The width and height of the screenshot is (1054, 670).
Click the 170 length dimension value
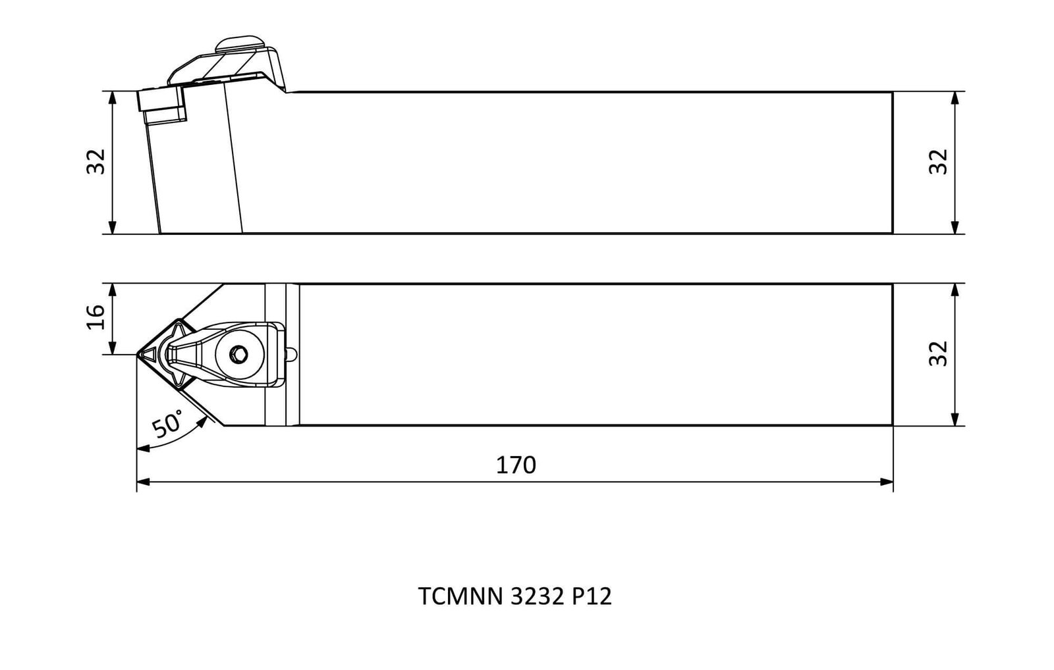click(516, 465)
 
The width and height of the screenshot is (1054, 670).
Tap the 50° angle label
click(167, 424)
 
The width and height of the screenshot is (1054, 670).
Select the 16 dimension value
click(96, 317)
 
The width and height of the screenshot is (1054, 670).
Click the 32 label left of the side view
click(96, 162)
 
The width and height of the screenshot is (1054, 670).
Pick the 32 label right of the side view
click(938, 162)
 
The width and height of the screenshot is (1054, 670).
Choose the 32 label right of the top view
click(938, 353)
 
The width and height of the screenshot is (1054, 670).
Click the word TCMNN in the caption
click(460, 596)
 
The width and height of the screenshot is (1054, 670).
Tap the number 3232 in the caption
click(538, 596)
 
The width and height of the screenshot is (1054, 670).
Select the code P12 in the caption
click(592, 596)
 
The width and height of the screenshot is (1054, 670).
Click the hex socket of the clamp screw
click(238, 355)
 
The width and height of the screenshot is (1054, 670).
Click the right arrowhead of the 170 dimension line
click(887, 482)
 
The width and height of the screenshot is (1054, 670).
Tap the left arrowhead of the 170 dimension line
click(143, 482)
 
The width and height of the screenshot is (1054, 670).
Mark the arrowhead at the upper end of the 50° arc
click(202, 423)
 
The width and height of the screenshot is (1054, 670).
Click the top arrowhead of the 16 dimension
click(112, 290)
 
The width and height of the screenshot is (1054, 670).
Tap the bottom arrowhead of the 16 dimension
click(112, 348)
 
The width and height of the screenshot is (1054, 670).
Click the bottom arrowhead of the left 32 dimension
click(112, 227)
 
